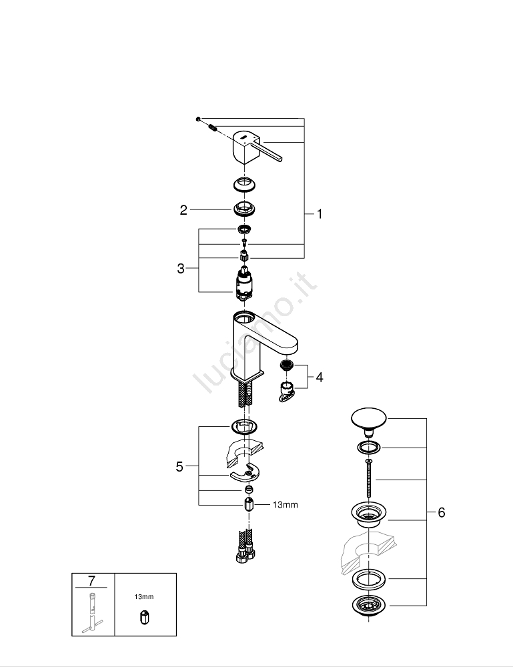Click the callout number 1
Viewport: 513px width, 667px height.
tap(319, 214)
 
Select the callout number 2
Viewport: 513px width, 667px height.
tap(183, 210)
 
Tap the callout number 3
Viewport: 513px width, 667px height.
tap(181, 269)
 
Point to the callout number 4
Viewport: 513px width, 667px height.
tap(320, 378)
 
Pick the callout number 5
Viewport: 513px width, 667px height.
tap(179, 466)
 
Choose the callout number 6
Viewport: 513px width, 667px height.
tap(441, 512)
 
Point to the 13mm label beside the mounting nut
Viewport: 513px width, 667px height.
tap(285, 505)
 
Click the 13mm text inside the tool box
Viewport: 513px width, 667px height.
tap(145, 597)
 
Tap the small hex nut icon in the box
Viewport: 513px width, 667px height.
tap(145, 618)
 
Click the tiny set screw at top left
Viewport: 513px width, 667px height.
tap(198, 119)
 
